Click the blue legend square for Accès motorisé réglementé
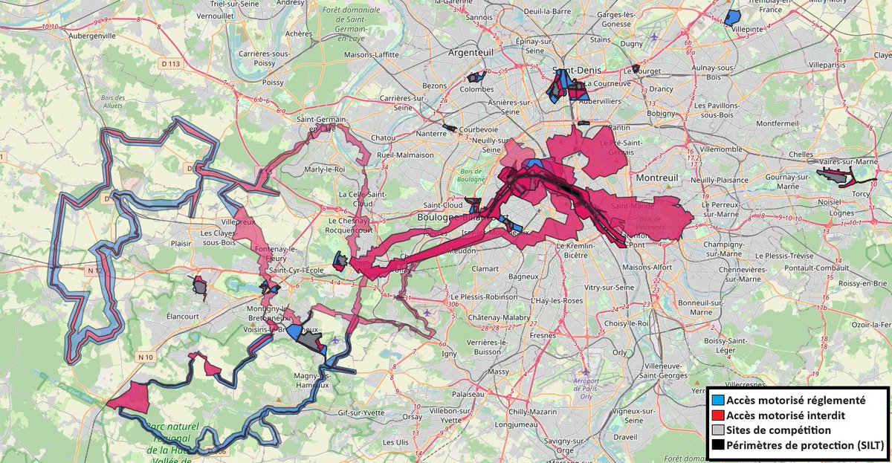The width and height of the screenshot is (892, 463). pyautogui.click(x=717, y=400)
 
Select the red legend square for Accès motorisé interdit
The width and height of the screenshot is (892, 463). pyautogui.click(x=717, y=415)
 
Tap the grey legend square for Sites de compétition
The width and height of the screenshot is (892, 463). pyautogui.click(x=717, y=430)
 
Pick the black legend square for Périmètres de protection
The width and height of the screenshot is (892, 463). pyautogui.click(x=717, y=446)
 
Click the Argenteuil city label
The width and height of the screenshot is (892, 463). pyautogui.click(x=473, y=53)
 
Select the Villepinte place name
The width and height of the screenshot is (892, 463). pyautogui.click(x=748, y=29)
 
